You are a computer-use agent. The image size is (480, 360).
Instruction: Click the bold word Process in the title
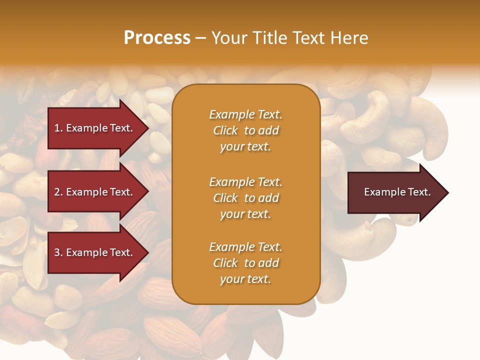pos(157,38)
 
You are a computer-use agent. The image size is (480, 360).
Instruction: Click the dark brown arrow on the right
pos(395,192)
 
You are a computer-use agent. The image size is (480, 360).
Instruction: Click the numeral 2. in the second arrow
pos(58,192)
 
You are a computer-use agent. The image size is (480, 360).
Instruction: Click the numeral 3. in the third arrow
pos(58,252)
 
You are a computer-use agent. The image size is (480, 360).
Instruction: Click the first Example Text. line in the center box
pos(245,114)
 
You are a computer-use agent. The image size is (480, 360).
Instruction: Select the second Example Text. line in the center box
pos(245,182)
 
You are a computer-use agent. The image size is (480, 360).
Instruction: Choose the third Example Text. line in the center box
pos(245,247)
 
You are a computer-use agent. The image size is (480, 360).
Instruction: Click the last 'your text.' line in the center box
pos(245,279)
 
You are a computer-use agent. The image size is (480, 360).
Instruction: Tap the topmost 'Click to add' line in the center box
pos(245,130)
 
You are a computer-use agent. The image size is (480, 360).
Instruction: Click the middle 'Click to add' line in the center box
pos(245,198)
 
